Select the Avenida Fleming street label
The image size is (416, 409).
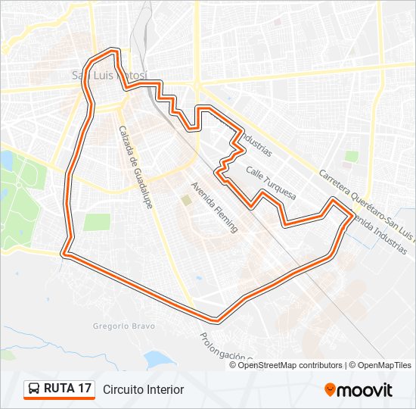point(214,207)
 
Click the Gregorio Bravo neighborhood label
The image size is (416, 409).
point(123,326)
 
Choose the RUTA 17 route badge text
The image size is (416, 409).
point(68,389)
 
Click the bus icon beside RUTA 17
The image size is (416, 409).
point(35,389)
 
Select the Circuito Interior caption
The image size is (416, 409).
point(143,389)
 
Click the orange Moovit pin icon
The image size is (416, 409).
point(331,389)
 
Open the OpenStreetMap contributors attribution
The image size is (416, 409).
point(290,365)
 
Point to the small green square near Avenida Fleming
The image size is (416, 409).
point(185,200)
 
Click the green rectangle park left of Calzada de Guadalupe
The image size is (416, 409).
point(97,222)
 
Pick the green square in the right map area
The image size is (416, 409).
point(352,157)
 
